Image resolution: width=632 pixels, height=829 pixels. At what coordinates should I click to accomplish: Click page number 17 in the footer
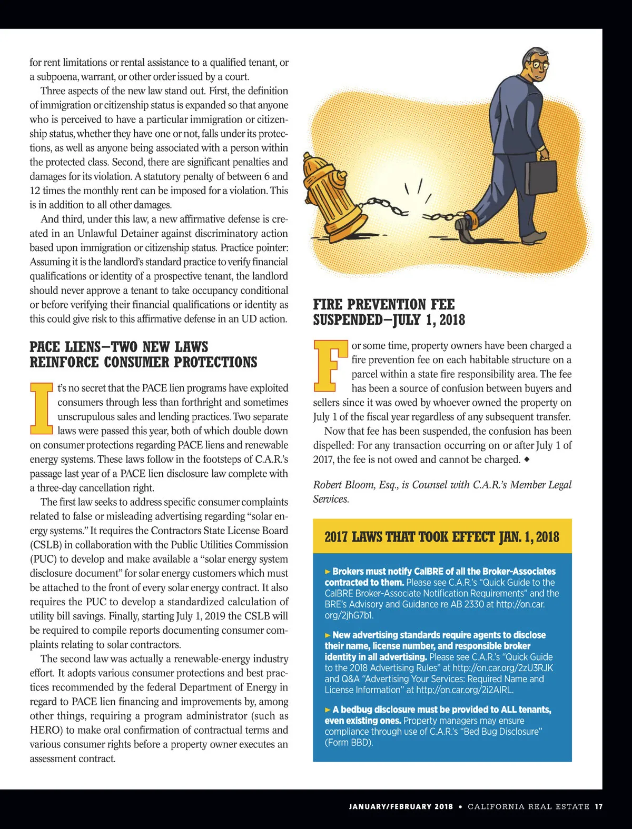pyautogui.click(x=598, y=806)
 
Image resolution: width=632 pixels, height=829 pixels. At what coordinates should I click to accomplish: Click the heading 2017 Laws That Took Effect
pyautogui.click(x=441, y=536)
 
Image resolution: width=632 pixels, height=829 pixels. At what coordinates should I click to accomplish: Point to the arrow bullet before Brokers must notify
pyautogui.click(x=328, y=571)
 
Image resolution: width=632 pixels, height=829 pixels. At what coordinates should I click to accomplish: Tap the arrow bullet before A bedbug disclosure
pyautogui.click(x=328, y=710)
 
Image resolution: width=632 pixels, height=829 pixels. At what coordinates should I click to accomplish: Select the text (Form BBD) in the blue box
pyautogui.click(x=349, y=743)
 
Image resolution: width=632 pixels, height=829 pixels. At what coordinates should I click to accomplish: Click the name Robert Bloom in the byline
pyautogui.click(x=344, y=485)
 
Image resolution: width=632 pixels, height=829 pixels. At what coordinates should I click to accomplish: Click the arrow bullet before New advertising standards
pyautogui.click(x=328, y=635)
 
